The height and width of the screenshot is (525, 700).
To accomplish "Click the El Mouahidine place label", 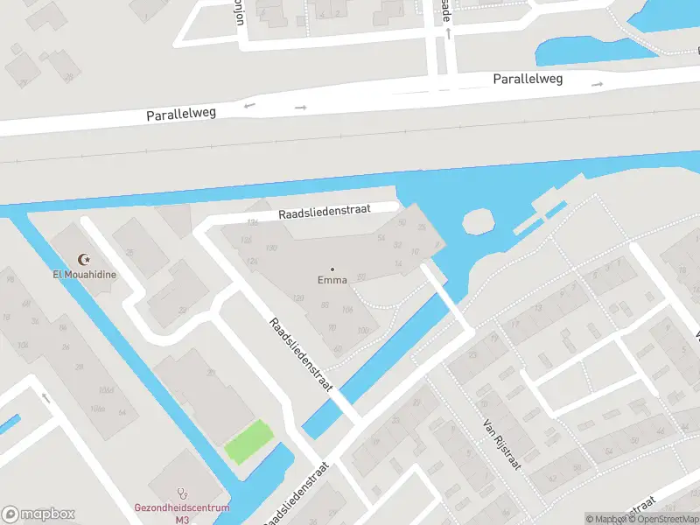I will pos(84,274).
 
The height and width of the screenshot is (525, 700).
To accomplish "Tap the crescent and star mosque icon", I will pos(85,260).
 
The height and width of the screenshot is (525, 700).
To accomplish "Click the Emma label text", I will pos(332,280).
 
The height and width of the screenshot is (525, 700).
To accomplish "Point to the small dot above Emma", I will pos(332,269).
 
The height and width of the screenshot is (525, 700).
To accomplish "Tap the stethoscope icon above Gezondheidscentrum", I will pos(182,493).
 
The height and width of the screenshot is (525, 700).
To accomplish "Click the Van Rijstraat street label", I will pos(502,444).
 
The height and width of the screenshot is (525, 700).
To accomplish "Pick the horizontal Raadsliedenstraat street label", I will pos(325,212).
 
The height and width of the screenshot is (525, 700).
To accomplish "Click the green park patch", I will pos(248,442).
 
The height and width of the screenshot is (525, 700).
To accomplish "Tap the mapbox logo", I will pos(38,514).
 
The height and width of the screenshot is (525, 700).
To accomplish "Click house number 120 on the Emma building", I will pos(298,298).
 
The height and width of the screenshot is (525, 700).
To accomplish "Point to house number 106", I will pos(347,310).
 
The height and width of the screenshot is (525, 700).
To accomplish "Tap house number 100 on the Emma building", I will pos(363,330).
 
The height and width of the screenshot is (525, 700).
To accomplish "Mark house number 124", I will pos(253,261).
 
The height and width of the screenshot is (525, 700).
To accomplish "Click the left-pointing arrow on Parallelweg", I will pos(249,106).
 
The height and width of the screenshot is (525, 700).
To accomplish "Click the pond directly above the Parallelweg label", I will pos(595,51).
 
